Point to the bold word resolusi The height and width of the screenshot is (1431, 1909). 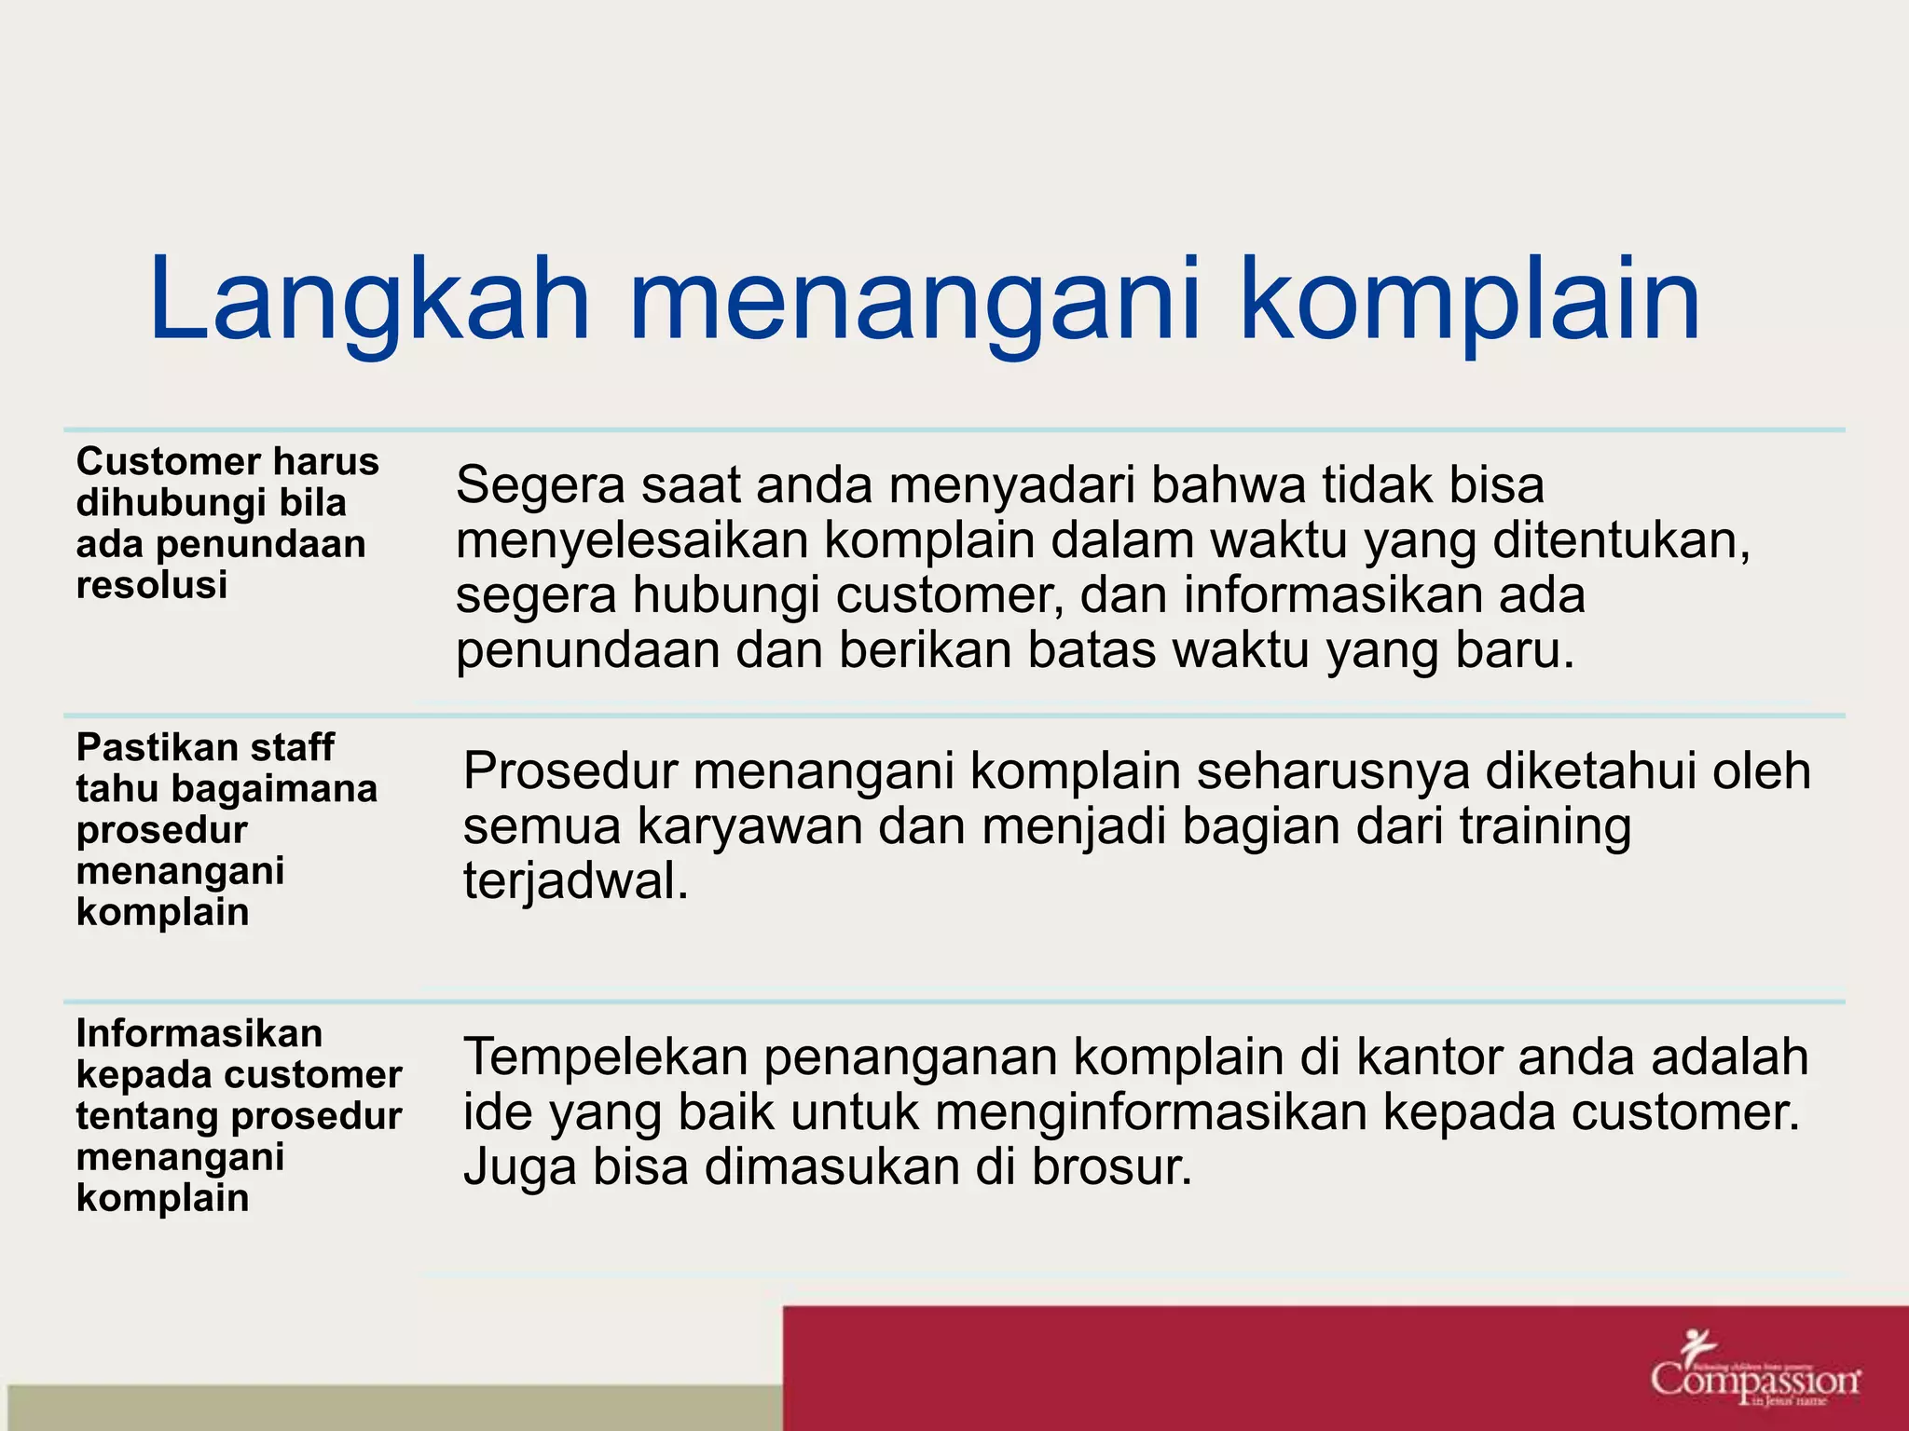coord(152,585)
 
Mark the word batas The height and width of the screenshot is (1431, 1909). coord(1091,650)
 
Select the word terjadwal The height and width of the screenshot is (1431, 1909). coord(575,881)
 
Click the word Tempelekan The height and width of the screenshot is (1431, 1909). coord(606,1057)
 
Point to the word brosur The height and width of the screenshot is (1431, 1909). coord(1111,1167)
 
